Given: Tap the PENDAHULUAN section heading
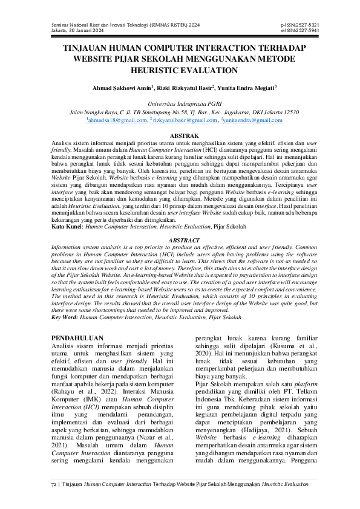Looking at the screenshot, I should click(77, 338).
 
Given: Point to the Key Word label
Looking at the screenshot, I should click(64, 317).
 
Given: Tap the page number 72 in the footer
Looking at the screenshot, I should click(53, 484).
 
